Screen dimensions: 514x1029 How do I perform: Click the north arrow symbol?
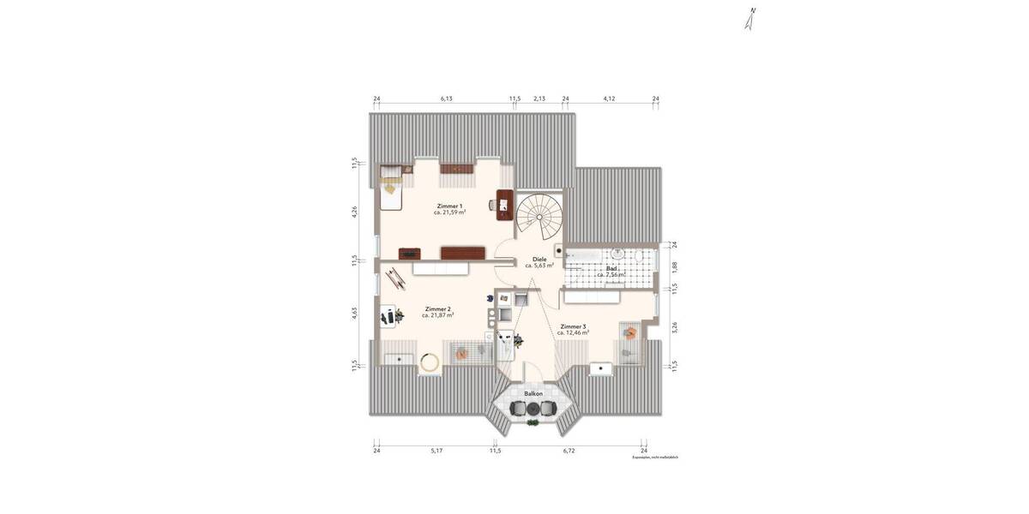(x=750, y=19)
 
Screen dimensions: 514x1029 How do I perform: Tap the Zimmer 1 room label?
(x=449, y=206)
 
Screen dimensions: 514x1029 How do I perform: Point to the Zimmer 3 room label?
(x=573, y=326)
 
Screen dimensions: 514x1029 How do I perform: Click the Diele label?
(x=539, y=259)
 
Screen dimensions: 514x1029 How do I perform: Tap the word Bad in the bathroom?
(x=611, y=268)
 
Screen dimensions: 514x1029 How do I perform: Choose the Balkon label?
(x=533, y=393)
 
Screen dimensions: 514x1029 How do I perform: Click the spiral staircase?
(x=540, y=214)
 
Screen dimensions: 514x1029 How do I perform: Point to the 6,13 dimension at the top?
(x=447, y=99)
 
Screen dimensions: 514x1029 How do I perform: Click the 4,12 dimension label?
(x=610, y=99)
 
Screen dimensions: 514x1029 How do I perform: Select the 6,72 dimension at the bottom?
(x=569, y=450)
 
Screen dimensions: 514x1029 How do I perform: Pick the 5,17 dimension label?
(x=436, y=450)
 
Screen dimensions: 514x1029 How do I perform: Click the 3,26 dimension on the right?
(x=675, y=326)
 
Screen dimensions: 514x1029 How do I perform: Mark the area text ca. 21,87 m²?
(x=437, y=316)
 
